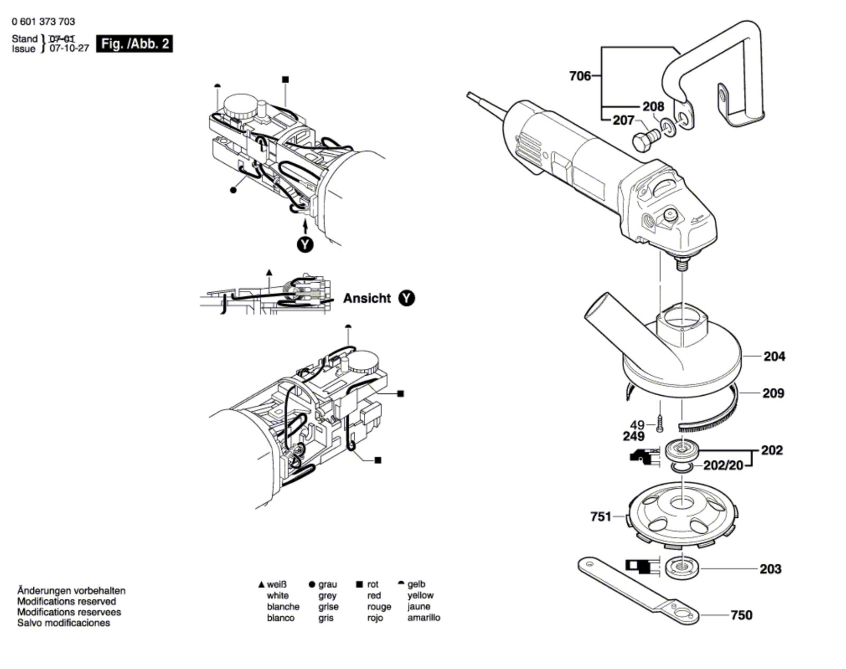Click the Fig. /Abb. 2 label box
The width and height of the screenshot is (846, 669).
pyautogui.click(x=134, y=43)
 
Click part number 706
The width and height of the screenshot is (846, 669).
pyautogui.click(x=580, y=76)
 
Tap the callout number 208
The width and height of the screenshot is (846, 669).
pyautogui.click(x=653, y=106)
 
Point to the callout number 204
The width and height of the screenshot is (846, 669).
pyautogui.click(x=774, y=356)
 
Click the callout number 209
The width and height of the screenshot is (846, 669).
pyautogui.click(x=773, y=393)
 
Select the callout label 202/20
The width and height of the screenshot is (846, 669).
pyautogui.click(x=723, y=465)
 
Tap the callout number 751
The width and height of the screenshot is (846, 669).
pyautogui.click(x=601, y=516)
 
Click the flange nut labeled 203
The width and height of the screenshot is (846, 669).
pyautogui.click(x=682, y=569)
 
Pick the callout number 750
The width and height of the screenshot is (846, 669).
pyautogui.click(x=741, y=615)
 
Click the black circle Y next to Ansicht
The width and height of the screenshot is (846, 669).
pyautogui.click(x=407, y=298)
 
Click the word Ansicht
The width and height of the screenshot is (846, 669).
pyautogui.click(x=367, y=298)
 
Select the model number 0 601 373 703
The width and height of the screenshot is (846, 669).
pyautogui.click(x=43, y=22)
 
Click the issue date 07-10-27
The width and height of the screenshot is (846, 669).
pyautogui.click(x=69, y=49)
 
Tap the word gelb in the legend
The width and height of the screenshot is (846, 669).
pyautogui.click(x=417, y=584)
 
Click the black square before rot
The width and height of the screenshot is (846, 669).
pyautogui.click(x=359, y=584)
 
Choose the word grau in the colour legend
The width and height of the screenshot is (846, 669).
pyautogui.click(x=327, y=584)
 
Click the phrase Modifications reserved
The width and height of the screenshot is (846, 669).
pyautogui.click(x=67, y=601)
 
